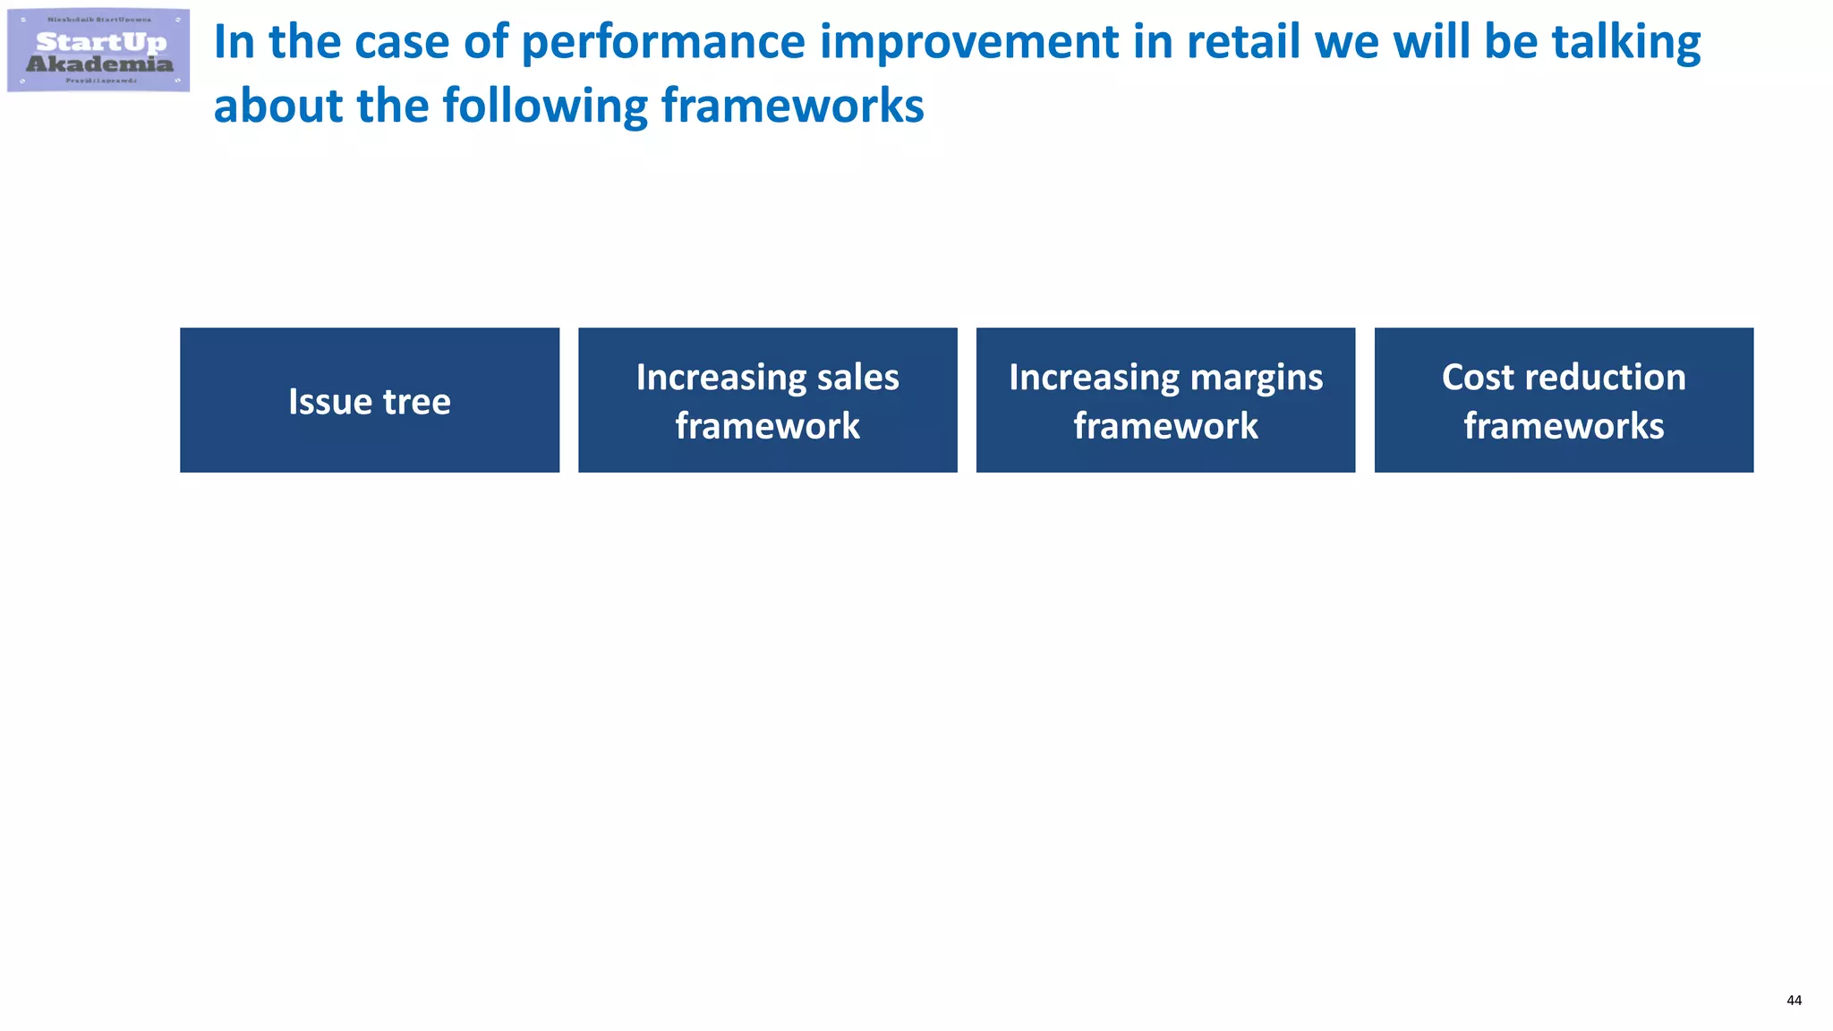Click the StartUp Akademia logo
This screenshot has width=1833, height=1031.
(x=98, y=50)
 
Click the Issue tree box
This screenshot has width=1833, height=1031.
(x=369, y=400)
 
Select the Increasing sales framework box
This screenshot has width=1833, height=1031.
(x=767, y=400)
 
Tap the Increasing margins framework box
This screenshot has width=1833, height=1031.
(x=1165, y=400)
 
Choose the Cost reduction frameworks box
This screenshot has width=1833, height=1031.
(x=1564, y=400)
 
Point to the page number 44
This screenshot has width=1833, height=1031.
(x=1794, y=1001)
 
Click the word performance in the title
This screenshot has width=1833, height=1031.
(x=663, y=43)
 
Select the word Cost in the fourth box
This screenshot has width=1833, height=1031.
(x=1478, y=378)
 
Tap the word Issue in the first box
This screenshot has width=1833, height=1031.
(x=329, y=402)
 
